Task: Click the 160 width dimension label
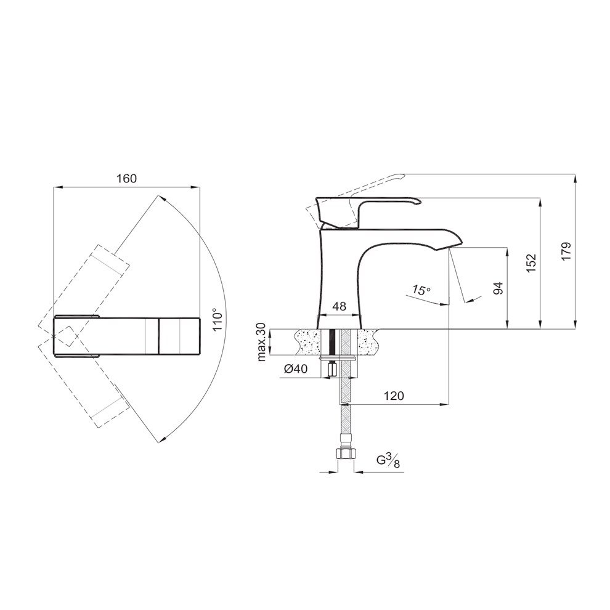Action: [127, 179]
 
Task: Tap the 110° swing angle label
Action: [219, 319]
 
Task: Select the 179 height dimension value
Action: [566, 251]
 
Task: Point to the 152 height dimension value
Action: [531, 263]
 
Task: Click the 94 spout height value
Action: [498, 288]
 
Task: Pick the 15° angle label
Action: [421, 290]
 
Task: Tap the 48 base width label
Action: [340, 306]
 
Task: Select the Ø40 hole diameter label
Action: [296, 368]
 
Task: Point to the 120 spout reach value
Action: [394, 396]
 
